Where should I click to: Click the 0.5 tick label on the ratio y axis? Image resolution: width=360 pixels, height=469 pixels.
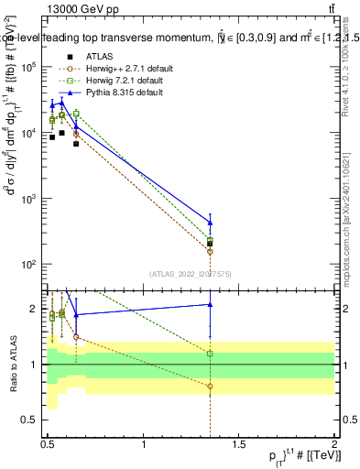click(x=31, y=420)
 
